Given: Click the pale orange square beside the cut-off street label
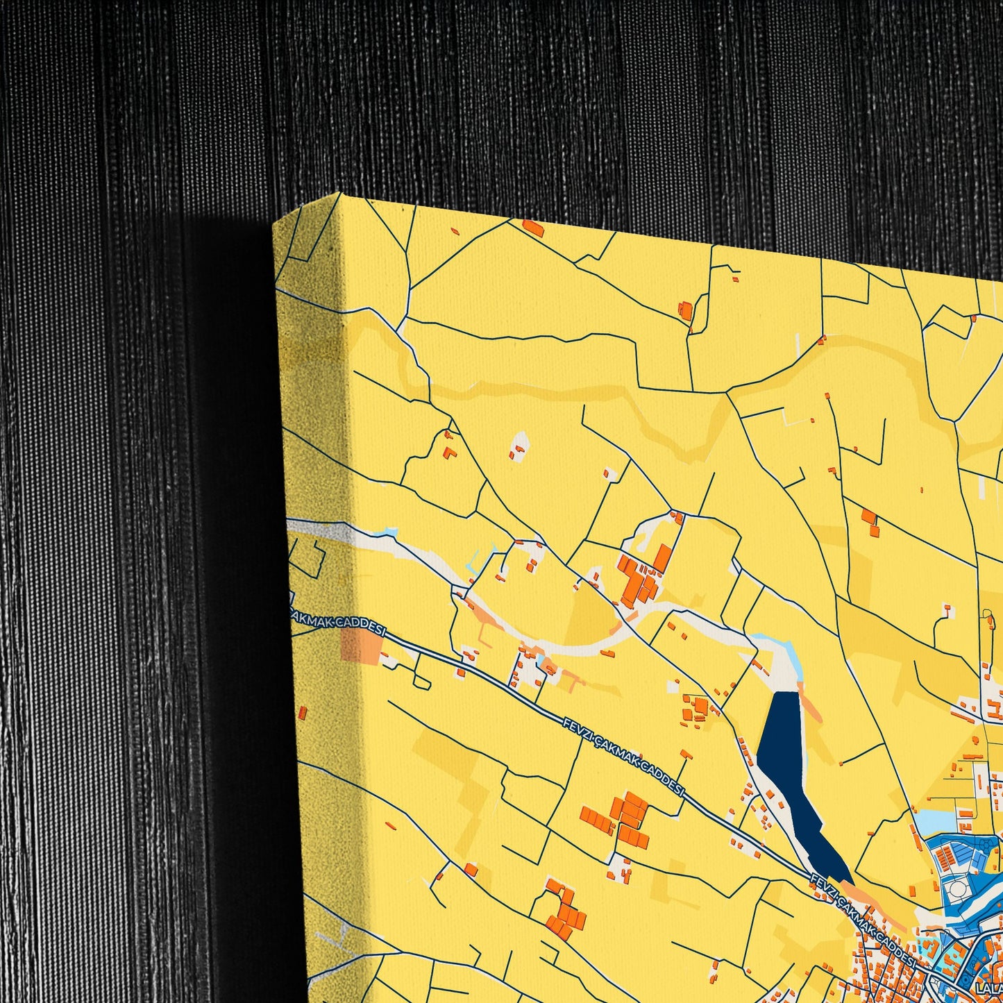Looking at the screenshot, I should click(x=361, y=646).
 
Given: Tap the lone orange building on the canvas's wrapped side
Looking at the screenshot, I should click(x=303, y=711).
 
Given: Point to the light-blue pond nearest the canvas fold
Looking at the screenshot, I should click(x=388, y=534).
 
